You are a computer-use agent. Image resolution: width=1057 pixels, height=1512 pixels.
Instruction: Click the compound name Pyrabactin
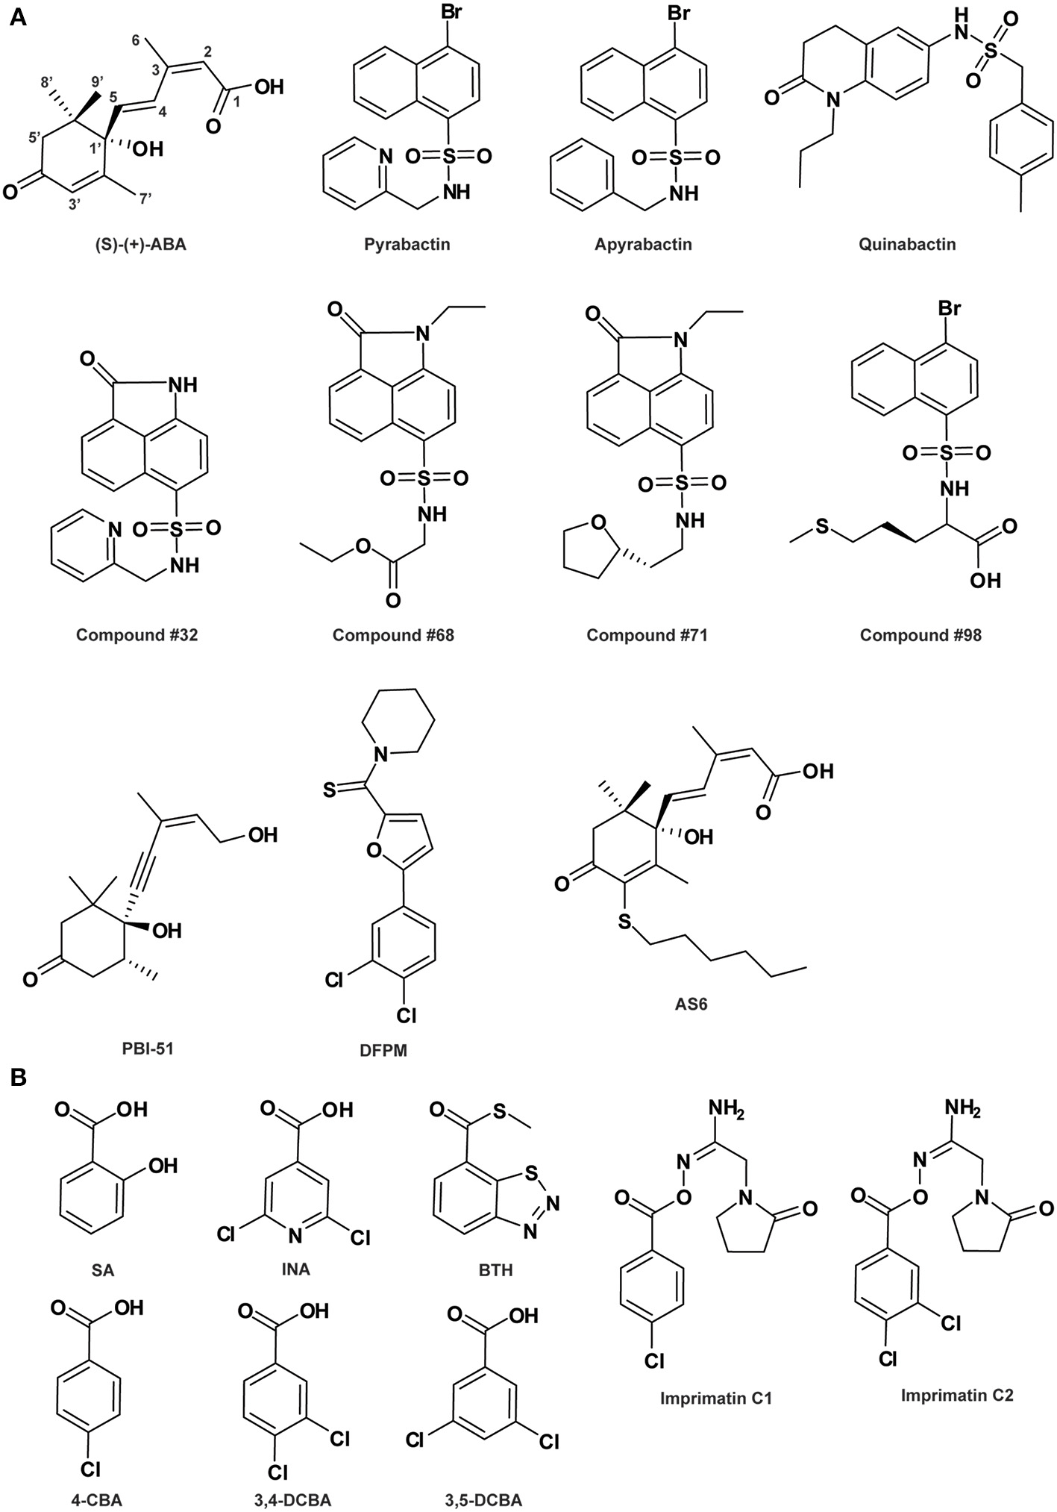click(407, 244)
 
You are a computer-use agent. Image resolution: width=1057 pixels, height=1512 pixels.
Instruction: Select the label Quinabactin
click(906, 244)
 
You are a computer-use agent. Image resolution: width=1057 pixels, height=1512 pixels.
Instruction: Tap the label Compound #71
click(647, 635)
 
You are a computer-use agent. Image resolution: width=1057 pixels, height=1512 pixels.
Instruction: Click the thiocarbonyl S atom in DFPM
click(328, 789)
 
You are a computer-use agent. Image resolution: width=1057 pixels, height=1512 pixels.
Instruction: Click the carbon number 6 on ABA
click(136, 43)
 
